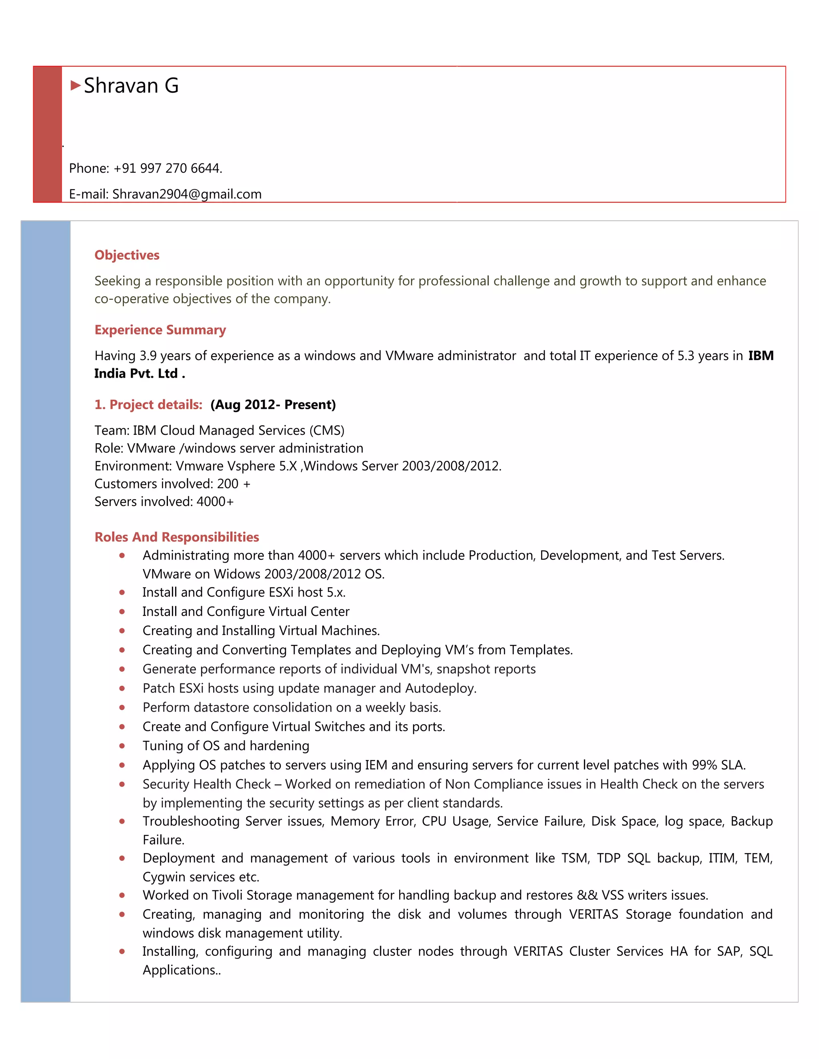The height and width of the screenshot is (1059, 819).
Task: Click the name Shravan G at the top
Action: coord(131,86)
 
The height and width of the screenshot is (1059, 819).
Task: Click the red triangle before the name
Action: coord(76,86)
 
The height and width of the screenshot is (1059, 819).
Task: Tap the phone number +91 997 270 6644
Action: coord(168,168)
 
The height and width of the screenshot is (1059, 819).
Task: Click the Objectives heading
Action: coord(127,255)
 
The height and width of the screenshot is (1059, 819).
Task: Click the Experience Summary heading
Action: coord(160,330)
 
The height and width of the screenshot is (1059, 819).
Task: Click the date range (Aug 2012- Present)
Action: coord(273,404)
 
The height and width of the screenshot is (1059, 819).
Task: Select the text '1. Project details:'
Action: coord(148,404)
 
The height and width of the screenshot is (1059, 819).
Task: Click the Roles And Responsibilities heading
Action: coord(177,537)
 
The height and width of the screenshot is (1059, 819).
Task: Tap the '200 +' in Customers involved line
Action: coord(234,484)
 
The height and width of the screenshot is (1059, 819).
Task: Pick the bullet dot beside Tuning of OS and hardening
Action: coord(122,746)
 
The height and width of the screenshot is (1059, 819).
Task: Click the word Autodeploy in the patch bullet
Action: coord(440,688)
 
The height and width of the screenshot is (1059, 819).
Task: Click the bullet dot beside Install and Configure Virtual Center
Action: coord(122,611)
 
